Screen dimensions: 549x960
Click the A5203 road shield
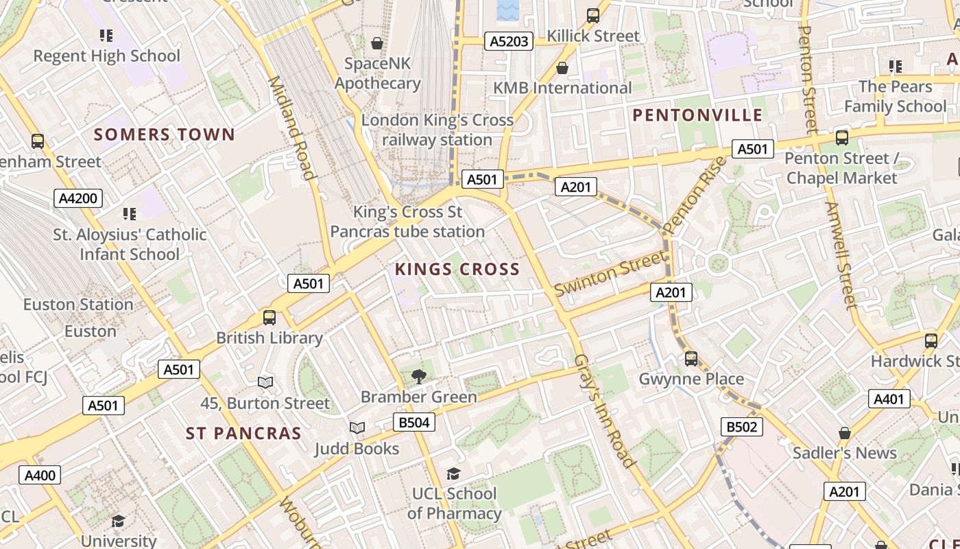point(509,41)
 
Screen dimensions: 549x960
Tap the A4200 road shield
point(78,199)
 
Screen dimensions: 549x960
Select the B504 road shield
point(414,422)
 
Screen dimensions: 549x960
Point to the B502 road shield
point(742,427)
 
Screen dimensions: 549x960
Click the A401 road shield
point(889,399)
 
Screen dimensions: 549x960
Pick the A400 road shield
point(40,475)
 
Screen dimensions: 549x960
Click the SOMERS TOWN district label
point(165,135)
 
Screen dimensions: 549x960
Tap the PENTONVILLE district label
point(697,115)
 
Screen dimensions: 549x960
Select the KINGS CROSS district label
point(457,269)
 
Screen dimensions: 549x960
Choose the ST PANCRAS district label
point(243,434)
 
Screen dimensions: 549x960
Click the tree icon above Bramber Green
point(419,376)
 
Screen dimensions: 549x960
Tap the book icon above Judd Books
point(357,428)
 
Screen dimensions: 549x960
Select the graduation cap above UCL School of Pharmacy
point(453,474)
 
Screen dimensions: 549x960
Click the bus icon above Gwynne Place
point(691,358)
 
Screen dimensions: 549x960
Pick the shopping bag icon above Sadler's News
point(845,433)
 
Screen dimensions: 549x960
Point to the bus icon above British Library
point(269,318)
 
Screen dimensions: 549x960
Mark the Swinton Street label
point(609,274)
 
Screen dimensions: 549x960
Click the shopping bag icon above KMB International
point(562,68)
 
